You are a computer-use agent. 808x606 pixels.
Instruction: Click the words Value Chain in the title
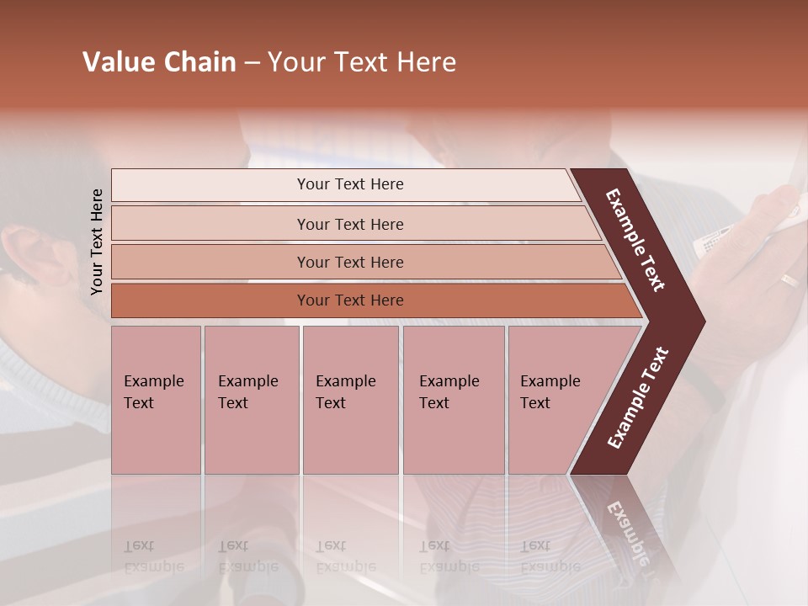tap(159, 62)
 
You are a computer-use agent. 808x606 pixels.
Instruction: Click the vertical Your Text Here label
tap(98, 242)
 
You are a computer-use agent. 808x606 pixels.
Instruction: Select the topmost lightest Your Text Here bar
tap(349, 184)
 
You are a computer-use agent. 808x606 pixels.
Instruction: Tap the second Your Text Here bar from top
tap(349, 224)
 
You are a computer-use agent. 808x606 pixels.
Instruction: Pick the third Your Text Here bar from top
tap(349, 262)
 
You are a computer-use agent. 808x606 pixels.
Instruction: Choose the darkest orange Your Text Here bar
tap(349, 300)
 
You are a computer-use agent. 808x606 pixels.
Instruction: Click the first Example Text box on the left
tap(156, 399)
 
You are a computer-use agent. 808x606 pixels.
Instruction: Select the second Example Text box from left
tap(251, 399)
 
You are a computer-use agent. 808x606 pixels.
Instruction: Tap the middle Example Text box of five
tap(350, 399)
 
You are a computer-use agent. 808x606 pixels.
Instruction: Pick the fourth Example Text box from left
tap(453, 399)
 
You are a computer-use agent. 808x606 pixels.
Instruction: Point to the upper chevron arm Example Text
tap(636, 241)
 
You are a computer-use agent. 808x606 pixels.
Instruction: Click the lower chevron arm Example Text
tap(638, 397)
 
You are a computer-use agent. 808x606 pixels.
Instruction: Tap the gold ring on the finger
tap(789, 280)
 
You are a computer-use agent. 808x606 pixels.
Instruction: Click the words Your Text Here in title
tap(362, 62)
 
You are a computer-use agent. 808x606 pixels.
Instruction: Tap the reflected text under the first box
tap(154, 556)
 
